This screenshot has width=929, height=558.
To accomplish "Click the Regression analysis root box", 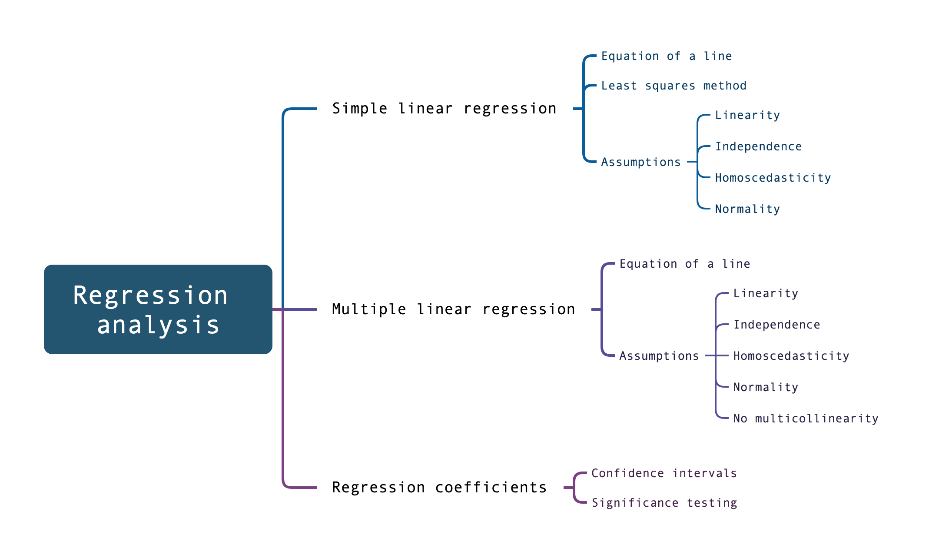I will [158, 309].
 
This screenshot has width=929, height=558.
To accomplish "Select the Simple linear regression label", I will [444, 108].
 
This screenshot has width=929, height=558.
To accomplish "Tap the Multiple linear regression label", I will [453, 309].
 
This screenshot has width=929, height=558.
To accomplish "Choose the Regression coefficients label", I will [439, 487].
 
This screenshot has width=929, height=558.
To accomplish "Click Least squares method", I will [674, 86].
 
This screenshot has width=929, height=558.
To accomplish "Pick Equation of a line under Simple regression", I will [666, 56].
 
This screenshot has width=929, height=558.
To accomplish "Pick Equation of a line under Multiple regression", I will [684, 264].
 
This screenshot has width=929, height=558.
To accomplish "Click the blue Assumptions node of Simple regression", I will [640, 162].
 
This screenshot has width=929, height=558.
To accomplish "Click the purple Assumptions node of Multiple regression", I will [659, 356].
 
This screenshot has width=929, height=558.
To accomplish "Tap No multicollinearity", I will [806, 418].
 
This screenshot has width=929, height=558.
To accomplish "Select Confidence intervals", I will [664, 473].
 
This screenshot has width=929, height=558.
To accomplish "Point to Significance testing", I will [664, 503].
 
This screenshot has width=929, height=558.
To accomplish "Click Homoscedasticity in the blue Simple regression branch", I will [773, 178].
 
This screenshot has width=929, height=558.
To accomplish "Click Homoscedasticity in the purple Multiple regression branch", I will [791, 356].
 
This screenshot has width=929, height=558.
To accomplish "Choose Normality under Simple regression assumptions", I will [747, 209].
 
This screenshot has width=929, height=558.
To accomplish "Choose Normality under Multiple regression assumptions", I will [766, 387].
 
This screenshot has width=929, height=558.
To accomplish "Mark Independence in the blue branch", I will [758, 146].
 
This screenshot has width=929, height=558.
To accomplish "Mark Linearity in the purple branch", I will [766, 293].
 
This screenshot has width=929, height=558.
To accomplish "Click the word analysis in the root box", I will [158, 325].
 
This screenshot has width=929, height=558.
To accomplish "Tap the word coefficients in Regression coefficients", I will [491, 487].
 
